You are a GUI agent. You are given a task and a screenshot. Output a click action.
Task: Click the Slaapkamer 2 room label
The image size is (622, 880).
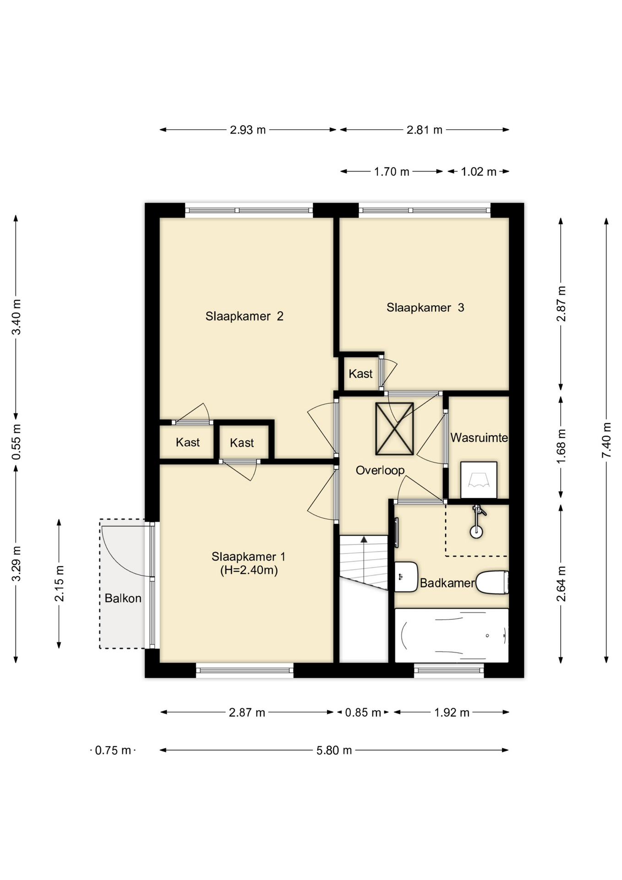point(244,316)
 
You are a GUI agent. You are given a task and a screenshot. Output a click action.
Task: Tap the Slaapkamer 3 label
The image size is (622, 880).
point(425,308)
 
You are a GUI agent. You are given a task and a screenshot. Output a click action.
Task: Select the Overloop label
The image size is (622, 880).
point(380,470)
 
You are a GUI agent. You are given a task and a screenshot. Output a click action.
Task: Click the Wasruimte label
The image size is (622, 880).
point(479,438)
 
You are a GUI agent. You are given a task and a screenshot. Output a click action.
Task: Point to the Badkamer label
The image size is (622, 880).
point(447,583)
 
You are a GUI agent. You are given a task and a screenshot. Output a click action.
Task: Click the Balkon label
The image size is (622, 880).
point(123,598)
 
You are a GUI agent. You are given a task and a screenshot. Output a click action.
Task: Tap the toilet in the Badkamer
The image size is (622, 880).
point(492,583)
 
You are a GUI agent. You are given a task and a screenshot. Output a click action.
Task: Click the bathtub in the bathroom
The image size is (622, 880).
point(452,635)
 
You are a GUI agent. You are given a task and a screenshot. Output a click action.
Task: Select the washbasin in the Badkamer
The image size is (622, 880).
point(406,577)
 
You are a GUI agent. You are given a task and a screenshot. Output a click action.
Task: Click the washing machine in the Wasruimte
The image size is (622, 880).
point(479,480)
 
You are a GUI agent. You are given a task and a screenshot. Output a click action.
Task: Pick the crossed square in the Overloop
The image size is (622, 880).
point(394,429)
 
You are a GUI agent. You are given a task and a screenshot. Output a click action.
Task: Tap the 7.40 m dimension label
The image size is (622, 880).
point(606,440)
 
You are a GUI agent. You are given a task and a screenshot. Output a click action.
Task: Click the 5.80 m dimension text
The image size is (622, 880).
point(334,750)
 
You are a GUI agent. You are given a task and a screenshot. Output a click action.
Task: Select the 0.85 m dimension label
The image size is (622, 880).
point(363,713)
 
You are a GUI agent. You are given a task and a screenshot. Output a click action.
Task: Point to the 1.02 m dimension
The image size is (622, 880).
point(479,172)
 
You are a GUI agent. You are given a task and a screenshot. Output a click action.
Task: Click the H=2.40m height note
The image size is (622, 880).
point(249,570)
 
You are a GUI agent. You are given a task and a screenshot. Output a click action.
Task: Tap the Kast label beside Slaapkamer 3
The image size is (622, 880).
point(360,374)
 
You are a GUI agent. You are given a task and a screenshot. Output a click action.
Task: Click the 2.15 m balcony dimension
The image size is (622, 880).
point(59,583)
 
